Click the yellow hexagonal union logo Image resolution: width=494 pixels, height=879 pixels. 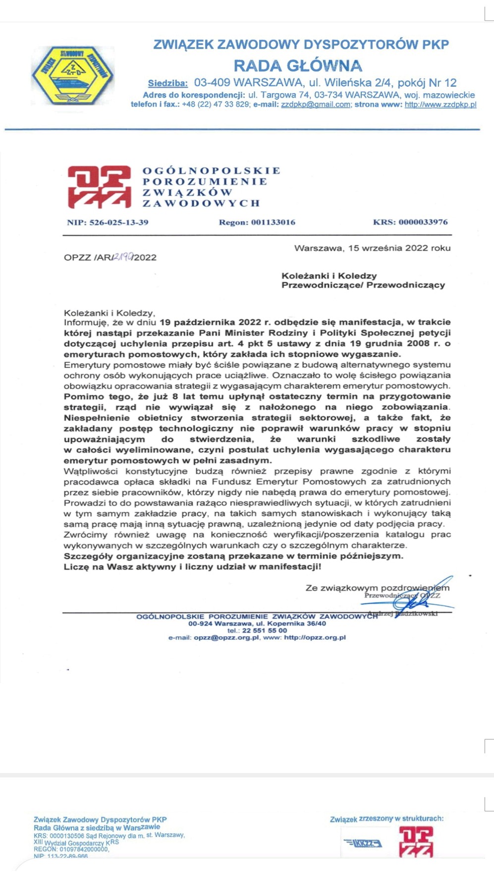(73, 75)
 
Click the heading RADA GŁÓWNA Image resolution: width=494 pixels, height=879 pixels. (298, 65)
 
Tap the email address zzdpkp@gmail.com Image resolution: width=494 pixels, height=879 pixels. (316, 105)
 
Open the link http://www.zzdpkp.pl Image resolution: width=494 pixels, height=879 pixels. (440, 105)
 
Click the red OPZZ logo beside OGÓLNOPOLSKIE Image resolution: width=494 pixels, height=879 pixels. (99, 187)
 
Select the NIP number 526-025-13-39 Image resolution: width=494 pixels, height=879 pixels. (118, 222)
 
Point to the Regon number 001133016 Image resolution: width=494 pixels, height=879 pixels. (273, 222)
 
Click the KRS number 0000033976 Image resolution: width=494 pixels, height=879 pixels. (423, 222)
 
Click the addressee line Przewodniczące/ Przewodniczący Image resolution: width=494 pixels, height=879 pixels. (363, 285)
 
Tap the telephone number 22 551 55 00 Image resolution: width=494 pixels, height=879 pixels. (264, 631)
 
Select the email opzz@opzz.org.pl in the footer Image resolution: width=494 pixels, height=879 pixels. (226, 638)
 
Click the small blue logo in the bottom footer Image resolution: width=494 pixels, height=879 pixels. (363, 843)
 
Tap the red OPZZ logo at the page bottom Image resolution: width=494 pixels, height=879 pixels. (416, 842)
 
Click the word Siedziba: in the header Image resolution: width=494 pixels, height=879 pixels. (167, 83)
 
